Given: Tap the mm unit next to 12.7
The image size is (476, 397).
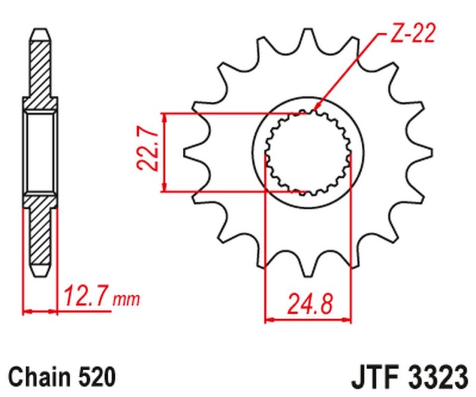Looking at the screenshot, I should coord(127,299).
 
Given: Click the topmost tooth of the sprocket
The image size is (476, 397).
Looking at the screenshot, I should coord(308,37).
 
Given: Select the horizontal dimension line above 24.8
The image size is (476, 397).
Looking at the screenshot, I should coord(308,319).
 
